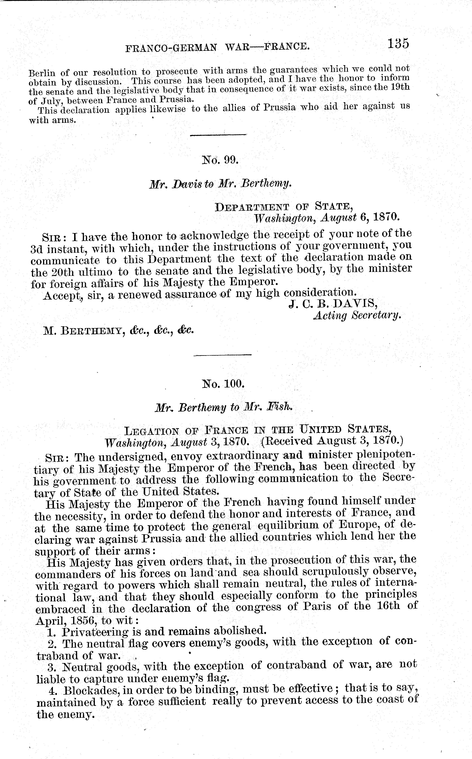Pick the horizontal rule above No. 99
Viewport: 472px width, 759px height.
pyautogui.click(x=218, y=135)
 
